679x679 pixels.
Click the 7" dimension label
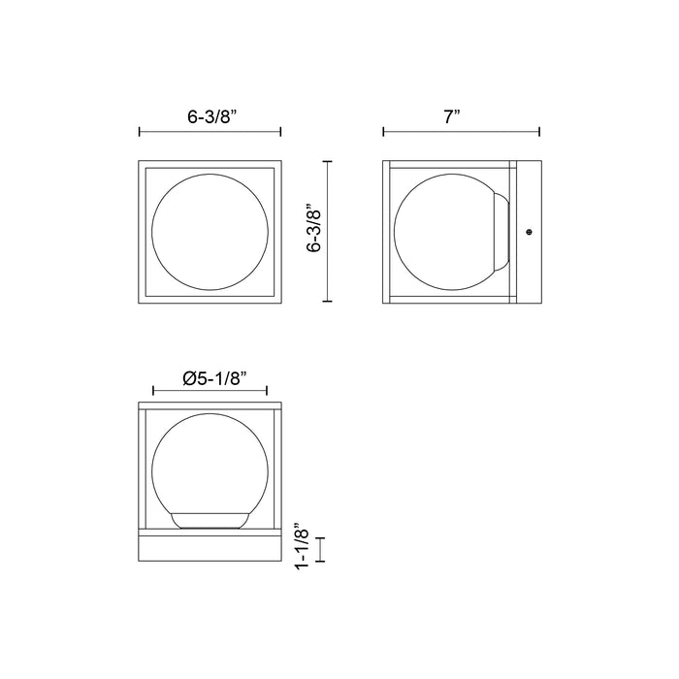tap(451, 117)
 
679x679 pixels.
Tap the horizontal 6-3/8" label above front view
tap(212, 117)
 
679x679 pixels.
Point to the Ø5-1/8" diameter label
tap(214, 379)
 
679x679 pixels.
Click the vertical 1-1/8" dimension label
tap(302, 549)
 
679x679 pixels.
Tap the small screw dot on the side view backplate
tap(529, 232)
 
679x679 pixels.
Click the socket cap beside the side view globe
tap(502, 232)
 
